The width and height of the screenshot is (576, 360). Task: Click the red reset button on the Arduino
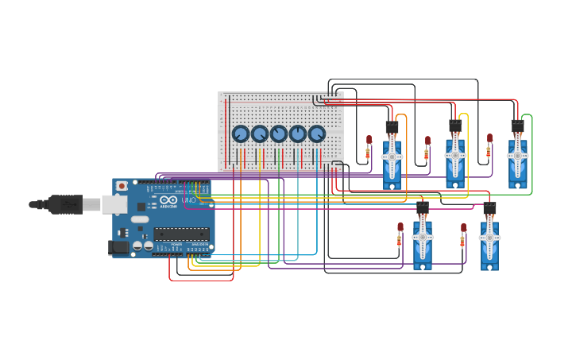coord(122,186)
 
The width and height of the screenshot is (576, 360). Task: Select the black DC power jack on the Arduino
coord(118,247)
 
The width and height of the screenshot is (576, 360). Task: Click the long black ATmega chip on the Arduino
coord(182,234)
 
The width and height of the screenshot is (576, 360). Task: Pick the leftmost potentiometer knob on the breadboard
coord(241,134)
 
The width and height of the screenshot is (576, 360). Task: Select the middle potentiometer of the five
coord(279,134)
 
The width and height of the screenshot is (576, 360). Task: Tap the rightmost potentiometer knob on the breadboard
coord(317,134)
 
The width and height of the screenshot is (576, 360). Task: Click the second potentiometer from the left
coord(260,134)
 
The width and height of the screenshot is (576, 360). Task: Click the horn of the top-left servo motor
coord(392,157)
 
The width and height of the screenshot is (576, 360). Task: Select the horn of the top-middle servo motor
coord(455,156)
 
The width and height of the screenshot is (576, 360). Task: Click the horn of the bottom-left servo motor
coord(423,237)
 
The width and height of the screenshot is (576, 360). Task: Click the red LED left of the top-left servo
coord(369,140)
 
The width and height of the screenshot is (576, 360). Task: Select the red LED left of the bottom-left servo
coord(400,227)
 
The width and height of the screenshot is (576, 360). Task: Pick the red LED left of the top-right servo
coord(489,138)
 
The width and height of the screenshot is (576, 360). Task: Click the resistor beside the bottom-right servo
coord(463,241)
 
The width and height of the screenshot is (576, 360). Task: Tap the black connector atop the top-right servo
coord(517,126)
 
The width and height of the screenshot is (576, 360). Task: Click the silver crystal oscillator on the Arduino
coord(140,219)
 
